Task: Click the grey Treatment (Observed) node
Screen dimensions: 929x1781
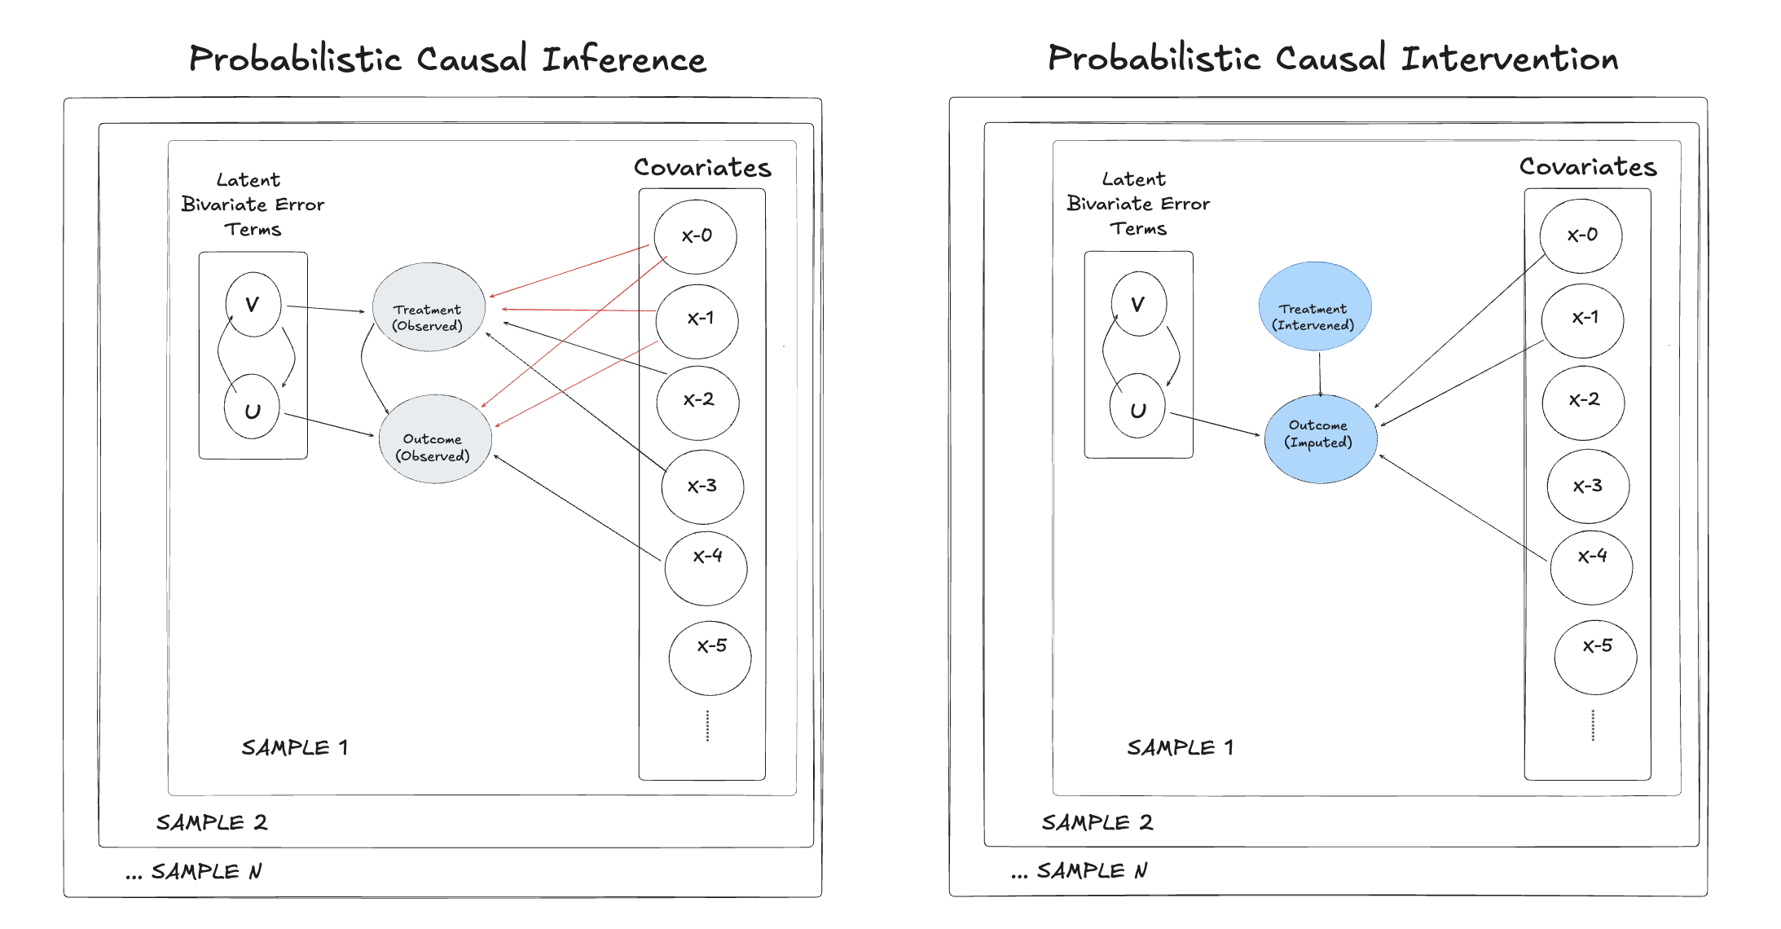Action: pyautogui.click(x=429, y=307)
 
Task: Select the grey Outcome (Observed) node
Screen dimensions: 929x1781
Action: pyautogui.click(x=435, y=439)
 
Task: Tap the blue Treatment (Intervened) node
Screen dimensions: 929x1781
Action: pyautogui.click(x=1314, y=306)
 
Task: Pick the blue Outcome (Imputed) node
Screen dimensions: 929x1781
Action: pyautogui.click(x=1320, y=439)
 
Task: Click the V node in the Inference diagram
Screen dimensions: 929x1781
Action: pyautogui.click(x=253, y=305)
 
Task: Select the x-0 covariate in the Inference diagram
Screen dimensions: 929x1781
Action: pyautogui.click(x=696, y=236)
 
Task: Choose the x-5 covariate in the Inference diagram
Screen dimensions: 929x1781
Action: pyautogui.click(x=710, y=657)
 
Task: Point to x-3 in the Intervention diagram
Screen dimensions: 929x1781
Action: pyautogui.click(x=1587, y=487)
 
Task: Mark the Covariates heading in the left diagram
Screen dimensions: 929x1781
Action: pyautogui.click(x=702, y=167)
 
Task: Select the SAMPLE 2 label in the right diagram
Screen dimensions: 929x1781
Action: pyautogui.click(x=1097, y=822)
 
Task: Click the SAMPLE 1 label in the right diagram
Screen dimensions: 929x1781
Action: pyautogui.click(x=1180, y=747)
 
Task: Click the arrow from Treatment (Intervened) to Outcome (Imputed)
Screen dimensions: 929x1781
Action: pyautogui.click(x=1320, y=373)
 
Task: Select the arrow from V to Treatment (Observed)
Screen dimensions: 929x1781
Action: pyautogui.click(x=326, y=309)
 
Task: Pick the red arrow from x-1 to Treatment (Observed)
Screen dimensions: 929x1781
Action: pyautogui.click(x=578, y=310)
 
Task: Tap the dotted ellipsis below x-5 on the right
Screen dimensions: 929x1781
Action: pyautogui.click(x=1593, y=725)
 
